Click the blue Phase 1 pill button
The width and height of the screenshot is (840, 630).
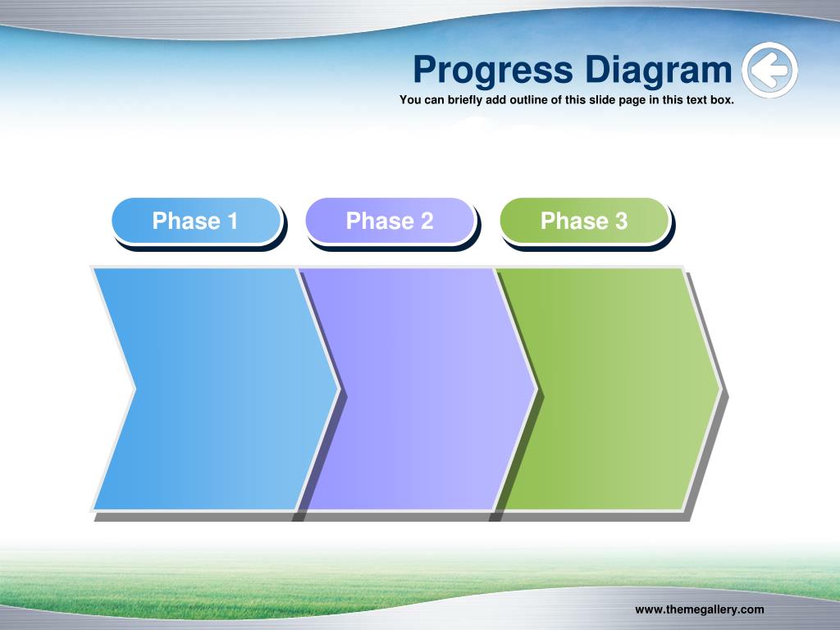[197, 221]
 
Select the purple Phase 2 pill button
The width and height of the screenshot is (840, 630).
[390, 221]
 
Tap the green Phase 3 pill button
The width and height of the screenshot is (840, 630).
[584, 221]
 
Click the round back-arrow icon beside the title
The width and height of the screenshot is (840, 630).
[769, 71]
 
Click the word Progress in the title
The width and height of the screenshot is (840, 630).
[493, 71]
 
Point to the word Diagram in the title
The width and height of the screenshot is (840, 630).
[659, 71]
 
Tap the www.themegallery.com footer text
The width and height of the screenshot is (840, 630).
[699, 609]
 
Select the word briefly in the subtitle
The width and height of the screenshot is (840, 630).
[466, 100]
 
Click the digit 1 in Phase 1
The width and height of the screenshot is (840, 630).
[232, 221]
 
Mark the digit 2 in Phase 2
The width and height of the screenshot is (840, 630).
[427, 221]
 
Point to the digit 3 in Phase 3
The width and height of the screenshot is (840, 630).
[621, 221]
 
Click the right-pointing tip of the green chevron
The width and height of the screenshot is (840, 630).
[721, 389]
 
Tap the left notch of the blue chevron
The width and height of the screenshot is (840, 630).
[135, 389]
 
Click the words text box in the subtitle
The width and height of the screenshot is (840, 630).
[710, 99]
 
